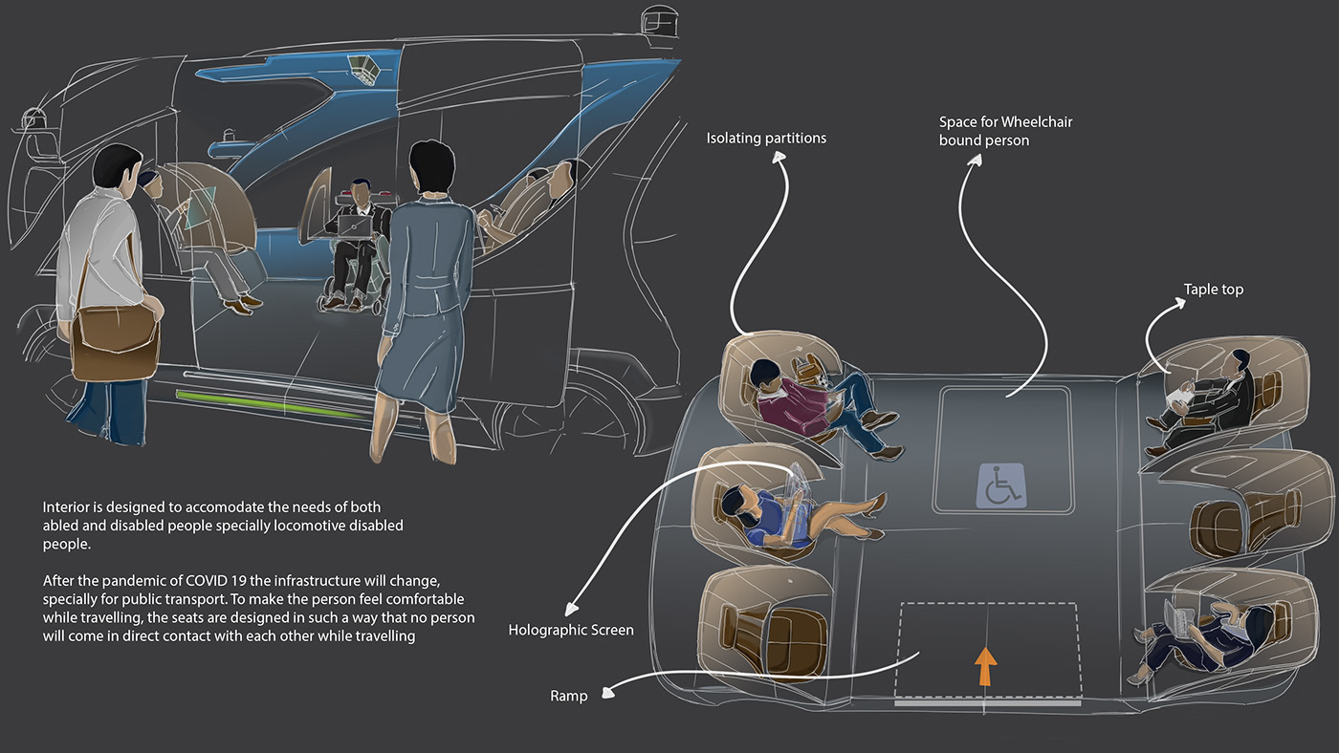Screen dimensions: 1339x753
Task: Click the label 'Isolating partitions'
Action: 766,138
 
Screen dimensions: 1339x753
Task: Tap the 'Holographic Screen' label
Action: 571,630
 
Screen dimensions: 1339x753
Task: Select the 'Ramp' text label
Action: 568,696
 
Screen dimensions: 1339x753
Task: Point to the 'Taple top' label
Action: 1214,290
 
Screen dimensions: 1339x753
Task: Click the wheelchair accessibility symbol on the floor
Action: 1001,485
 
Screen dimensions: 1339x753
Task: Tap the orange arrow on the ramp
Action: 985,666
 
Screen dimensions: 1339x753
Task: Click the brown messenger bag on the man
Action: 116,342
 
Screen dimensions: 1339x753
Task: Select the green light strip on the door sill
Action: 269,404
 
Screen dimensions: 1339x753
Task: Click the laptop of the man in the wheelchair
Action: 354,226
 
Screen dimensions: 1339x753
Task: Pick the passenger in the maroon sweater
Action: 824,405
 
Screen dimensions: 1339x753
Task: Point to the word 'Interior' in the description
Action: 65,507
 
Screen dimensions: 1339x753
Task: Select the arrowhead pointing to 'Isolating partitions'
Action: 779,157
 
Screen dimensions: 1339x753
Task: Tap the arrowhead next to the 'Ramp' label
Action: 608,692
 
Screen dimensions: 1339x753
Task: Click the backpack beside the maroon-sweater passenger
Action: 806,369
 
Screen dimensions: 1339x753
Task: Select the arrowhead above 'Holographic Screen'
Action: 572,609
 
